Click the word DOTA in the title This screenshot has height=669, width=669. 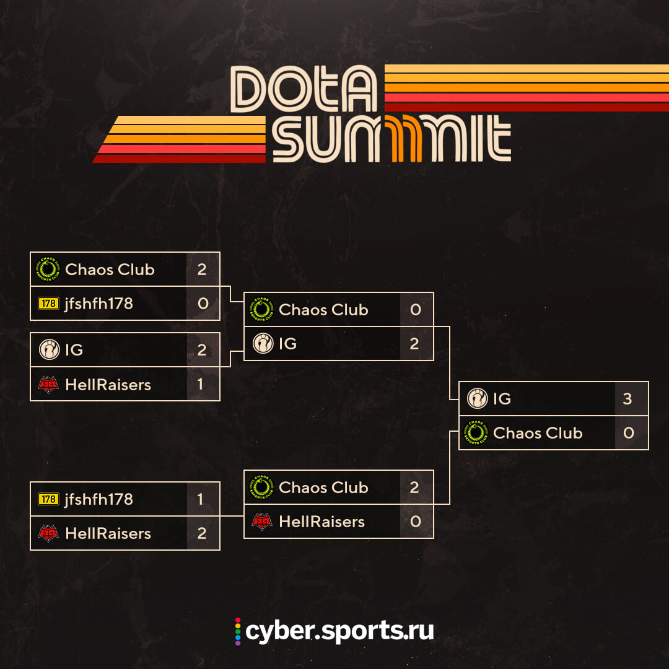304,90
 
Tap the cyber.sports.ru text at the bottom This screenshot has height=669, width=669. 339,631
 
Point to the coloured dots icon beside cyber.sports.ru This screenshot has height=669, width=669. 237,631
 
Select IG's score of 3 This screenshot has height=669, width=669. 627,399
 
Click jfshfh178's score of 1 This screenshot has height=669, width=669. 200,499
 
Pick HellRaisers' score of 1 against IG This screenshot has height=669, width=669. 200,384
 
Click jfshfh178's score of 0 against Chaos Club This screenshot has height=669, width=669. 203,304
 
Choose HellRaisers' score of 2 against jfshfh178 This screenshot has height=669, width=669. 201,533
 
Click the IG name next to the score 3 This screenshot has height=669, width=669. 502,399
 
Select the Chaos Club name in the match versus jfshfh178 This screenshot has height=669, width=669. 110,269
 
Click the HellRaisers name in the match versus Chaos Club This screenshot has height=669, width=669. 321,522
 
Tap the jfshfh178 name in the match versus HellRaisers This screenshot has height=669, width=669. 98,499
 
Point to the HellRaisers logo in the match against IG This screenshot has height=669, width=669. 48,384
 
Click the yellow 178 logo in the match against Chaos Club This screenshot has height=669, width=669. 48,304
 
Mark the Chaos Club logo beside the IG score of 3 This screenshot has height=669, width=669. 477,433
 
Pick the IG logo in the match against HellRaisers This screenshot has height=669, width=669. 48,350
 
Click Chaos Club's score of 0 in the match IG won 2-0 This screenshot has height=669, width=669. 415,310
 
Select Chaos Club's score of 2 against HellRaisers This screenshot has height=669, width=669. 415,488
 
